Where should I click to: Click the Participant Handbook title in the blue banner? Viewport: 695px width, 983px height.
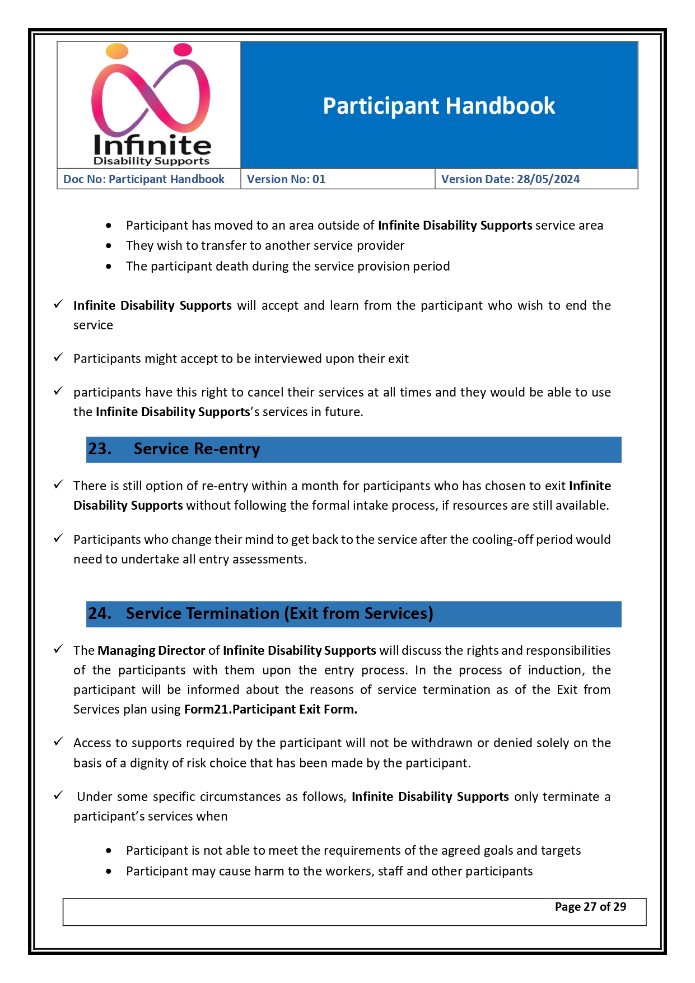click(439, 106)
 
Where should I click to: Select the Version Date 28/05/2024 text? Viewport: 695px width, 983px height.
click(510, 179)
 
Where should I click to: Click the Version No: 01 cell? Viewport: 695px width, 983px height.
click(286, 179)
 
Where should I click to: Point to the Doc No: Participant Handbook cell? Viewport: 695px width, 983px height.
click(144, 179)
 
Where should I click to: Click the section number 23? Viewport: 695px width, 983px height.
click(100, 449)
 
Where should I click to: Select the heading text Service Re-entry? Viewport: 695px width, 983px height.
click(197, 449)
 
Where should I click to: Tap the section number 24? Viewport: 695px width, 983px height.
click(100, 614)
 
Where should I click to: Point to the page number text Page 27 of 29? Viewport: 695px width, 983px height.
click(590, 907)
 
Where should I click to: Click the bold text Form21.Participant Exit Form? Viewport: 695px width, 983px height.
click(270, 710)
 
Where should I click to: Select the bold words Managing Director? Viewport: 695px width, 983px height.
click(151, 651)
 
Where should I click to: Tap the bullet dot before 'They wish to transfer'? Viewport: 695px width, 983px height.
click(109, 246)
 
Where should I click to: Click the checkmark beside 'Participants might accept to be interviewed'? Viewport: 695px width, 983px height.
click(58, 358)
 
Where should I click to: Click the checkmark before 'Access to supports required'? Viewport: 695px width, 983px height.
click(58, 742)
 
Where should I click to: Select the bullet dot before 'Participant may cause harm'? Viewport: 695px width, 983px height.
click(109, 872)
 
